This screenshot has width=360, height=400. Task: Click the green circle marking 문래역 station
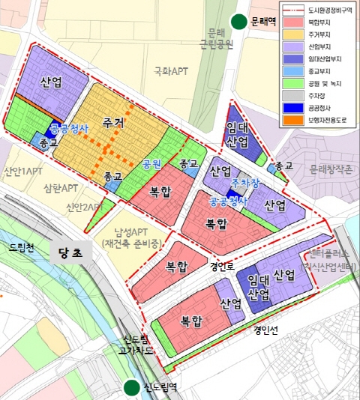pos(239,22)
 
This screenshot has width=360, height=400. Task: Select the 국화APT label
pos(171,72)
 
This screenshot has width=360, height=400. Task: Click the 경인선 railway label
pos(266,327)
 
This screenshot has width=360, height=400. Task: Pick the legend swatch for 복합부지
pos(293,23)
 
